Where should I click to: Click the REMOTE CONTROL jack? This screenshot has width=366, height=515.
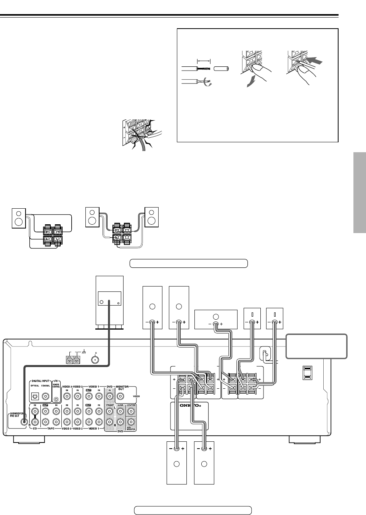point(56,399)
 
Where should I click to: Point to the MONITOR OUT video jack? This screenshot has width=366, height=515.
point(121,396)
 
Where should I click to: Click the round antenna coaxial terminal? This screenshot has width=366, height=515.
point(94,359)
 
